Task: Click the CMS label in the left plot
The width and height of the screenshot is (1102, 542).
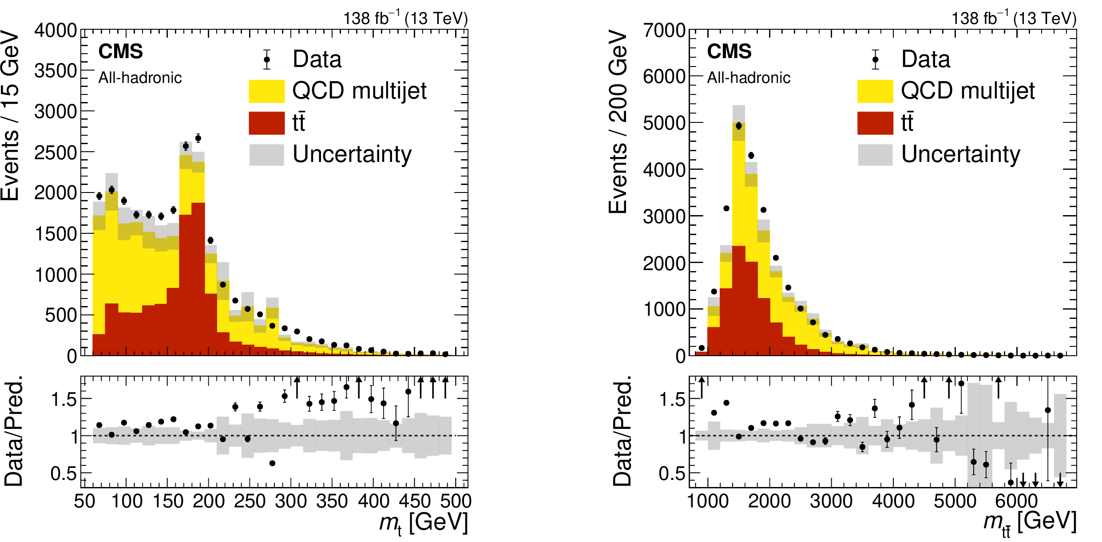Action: coord(120,51)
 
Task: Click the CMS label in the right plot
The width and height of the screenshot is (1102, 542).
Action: coord(729,51)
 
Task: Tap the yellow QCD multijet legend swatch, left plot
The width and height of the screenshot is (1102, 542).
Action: coord(266,91)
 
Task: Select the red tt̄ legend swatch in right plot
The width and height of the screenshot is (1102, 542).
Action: coord(875,123)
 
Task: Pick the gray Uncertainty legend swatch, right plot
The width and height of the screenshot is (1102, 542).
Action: coord(875,155)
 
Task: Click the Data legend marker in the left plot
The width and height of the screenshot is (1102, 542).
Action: coord(267,59)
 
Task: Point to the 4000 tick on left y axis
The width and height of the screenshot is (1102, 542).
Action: coord(55,31)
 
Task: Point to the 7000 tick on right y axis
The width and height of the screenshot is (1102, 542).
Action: coord(664,31)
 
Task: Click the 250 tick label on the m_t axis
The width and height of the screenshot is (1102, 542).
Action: coord(250,501)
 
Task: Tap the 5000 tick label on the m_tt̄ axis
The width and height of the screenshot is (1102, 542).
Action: coord(955,501)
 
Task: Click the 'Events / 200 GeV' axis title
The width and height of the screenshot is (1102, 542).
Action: coord(618,122)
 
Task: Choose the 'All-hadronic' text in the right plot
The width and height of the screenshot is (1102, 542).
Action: coord(749,78)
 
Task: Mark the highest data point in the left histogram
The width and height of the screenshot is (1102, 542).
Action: coord(198,138)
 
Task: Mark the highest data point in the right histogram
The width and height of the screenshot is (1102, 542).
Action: coord(739,126)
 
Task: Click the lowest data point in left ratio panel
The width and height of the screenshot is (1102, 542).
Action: coord(272,463)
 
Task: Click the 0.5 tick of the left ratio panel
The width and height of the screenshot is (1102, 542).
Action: coord(64,474)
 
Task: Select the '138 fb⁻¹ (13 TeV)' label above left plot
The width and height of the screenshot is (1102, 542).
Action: coord(405,19)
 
